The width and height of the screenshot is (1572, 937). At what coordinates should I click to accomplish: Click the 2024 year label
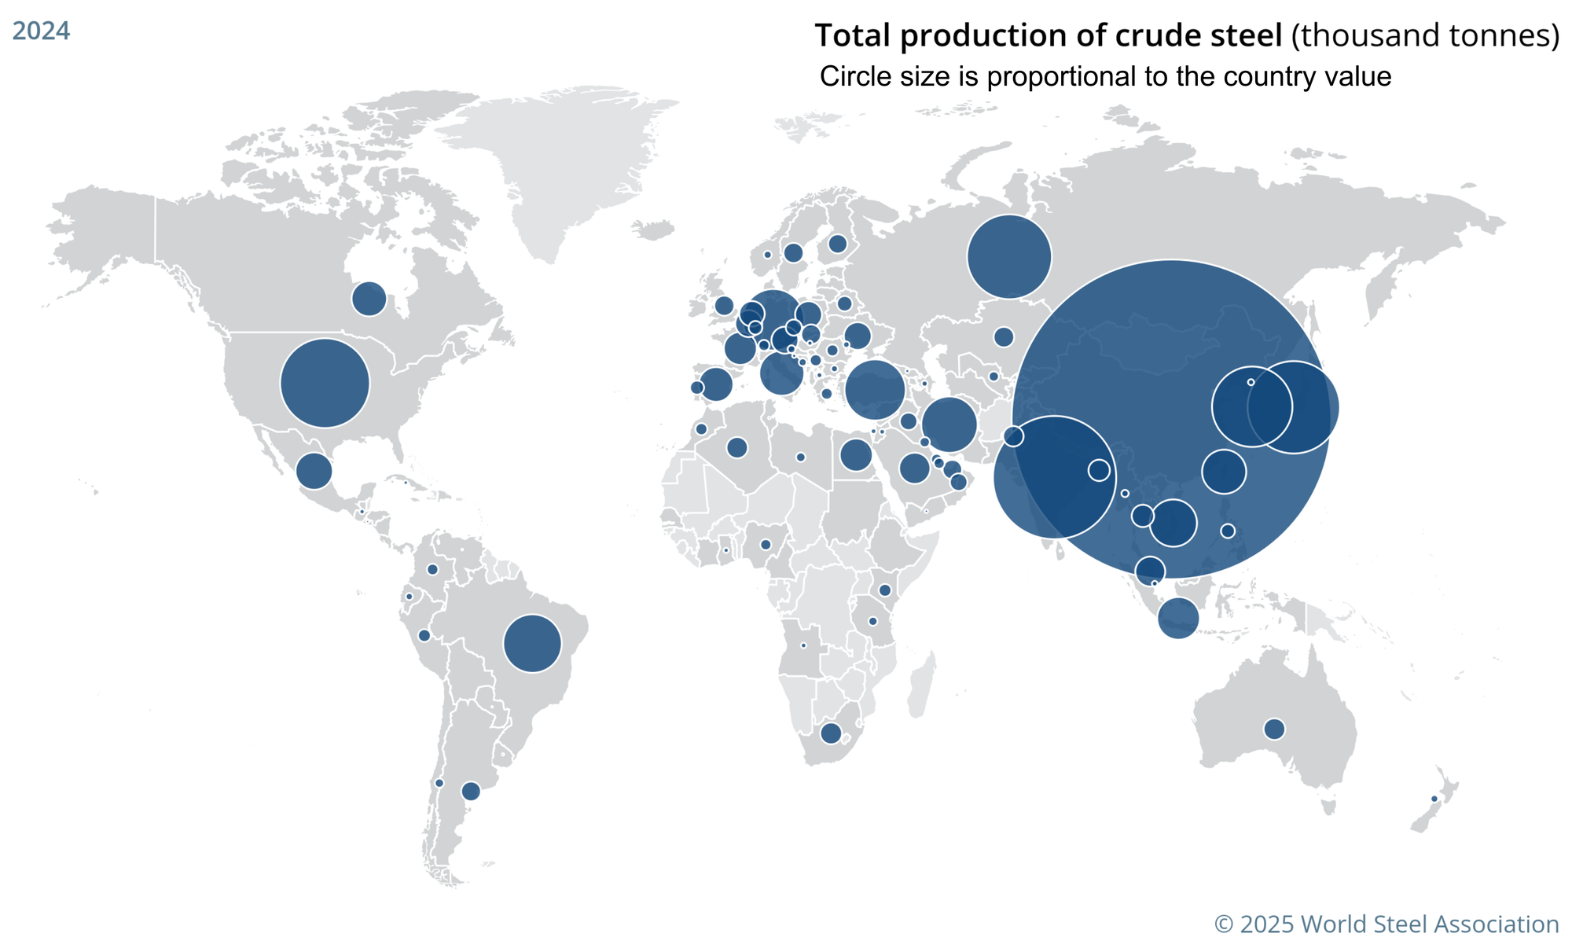pos(41,31)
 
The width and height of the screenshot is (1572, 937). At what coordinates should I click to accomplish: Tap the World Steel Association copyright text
pos(1387,923)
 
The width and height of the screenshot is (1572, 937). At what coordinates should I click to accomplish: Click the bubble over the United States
pos(325,383)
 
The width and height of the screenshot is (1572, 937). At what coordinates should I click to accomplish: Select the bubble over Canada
pos(369,299)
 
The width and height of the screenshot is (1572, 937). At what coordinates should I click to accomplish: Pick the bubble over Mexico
pos(314,471)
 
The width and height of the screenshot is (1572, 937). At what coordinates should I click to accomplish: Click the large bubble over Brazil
pos(532,643)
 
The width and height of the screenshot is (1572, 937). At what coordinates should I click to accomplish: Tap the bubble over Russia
pos(1009,256)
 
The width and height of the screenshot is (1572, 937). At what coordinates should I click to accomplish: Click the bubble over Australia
pos(1274,729)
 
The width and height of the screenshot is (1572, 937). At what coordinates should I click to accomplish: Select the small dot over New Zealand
pos(1434,799)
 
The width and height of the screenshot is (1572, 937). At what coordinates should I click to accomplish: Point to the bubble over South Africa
pos(831,733)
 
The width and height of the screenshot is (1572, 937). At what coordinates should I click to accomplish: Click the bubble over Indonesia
pos(1178,618)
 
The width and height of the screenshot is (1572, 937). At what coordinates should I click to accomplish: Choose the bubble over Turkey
pos(875,389)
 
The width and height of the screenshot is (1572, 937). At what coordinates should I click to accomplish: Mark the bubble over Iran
pos(949,424)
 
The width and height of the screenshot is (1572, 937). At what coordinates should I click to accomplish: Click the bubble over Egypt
pos(856,454)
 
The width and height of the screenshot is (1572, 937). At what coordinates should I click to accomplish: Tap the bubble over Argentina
pos(471,791)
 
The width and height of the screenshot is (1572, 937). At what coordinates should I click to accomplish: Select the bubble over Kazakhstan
pos(1004,336)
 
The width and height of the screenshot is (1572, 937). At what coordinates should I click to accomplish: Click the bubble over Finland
pos(838,244)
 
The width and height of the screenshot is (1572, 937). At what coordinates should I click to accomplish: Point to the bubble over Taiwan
pos(1228,531)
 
